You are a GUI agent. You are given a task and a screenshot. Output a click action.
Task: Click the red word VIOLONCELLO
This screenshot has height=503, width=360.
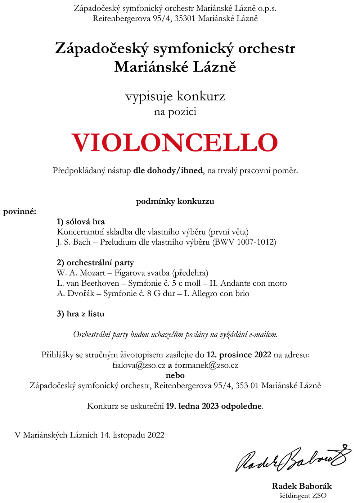[x=175, y=142]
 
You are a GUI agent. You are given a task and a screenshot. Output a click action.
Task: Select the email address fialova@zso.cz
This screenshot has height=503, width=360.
[x=139, y=365]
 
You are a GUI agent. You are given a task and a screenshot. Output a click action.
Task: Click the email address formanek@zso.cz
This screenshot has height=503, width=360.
[x=207, y=365]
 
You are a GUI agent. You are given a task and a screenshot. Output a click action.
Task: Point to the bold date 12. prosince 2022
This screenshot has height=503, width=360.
[x=239, y=355]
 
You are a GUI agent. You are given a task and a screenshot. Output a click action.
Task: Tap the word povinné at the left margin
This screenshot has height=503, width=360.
[x=20, y=212]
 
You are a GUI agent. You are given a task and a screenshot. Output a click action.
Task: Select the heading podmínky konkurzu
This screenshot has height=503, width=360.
[x=175, y=201]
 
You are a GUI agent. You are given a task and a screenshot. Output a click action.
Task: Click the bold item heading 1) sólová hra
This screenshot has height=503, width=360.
[x=81, y=222]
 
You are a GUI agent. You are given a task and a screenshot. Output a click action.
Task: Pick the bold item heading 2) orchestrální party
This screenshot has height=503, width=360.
[x=95, y=263]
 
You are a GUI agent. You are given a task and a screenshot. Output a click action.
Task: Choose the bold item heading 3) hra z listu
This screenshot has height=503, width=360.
[x=81, y=314]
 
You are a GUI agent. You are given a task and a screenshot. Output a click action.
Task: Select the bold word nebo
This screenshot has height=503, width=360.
[x=175, y=375]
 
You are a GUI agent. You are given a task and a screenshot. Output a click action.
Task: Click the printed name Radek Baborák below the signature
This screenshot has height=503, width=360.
[x=302, y=486]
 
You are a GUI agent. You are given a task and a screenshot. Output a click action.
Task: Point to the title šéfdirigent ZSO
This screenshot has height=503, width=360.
[x=303, y=495]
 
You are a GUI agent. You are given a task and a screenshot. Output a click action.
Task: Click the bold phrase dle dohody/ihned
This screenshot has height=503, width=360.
[x=168, y=171]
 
